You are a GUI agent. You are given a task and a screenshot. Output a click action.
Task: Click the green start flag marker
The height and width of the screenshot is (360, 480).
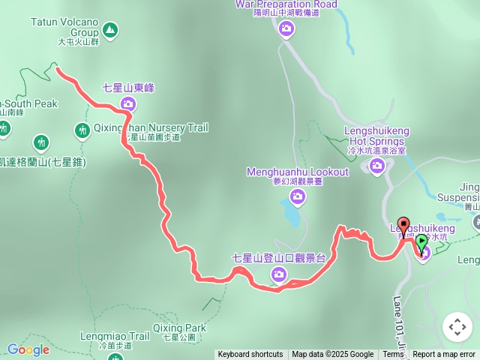(421, 242)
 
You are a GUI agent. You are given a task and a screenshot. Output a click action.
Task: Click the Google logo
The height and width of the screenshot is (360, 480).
(28, 349)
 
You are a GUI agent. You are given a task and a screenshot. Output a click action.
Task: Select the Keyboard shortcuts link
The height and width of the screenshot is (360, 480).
(250, 355)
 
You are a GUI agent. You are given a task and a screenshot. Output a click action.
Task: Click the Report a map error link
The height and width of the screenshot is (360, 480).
(444, 355)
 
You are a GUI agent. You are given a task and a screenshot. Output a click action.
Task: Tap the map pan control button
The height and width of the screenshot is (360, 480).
(457, 326)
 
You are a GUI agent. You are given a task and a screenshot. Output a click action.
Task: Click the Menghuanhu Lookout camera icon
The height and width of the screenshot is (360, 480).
(298, 196)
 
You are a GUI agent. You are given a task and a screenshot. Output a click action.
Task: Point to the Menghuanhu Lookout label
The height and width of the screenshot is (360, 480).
(298, 172)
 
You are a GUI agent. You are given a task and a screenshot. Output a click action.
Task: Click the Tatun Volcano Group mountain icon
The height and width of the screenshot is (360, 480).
(111, 31)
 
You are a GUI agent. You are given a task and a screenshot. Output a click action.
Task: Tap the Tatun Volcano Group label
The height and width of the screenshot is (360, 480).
(64, 28)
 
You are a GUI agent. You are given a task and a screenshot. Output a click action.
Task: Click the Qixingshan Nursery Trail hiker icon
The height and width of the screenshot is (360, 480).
(82, 130)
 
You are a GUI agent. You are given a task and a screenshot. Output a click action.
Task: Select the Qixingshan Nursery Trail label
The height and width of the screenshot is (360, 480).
(151, 128)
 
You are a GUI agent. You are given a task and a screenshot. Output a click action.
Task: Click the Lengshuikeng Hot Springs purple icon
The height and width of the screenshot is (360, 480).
(376, 166)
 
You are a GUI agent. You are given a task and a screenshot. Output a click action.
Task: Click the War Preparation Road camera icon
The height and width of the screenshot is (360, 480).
(286, 29)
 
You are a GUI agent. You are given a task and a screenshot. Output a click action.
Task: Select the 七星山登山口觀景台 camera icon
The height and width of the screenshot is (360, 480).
(279, 276)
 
